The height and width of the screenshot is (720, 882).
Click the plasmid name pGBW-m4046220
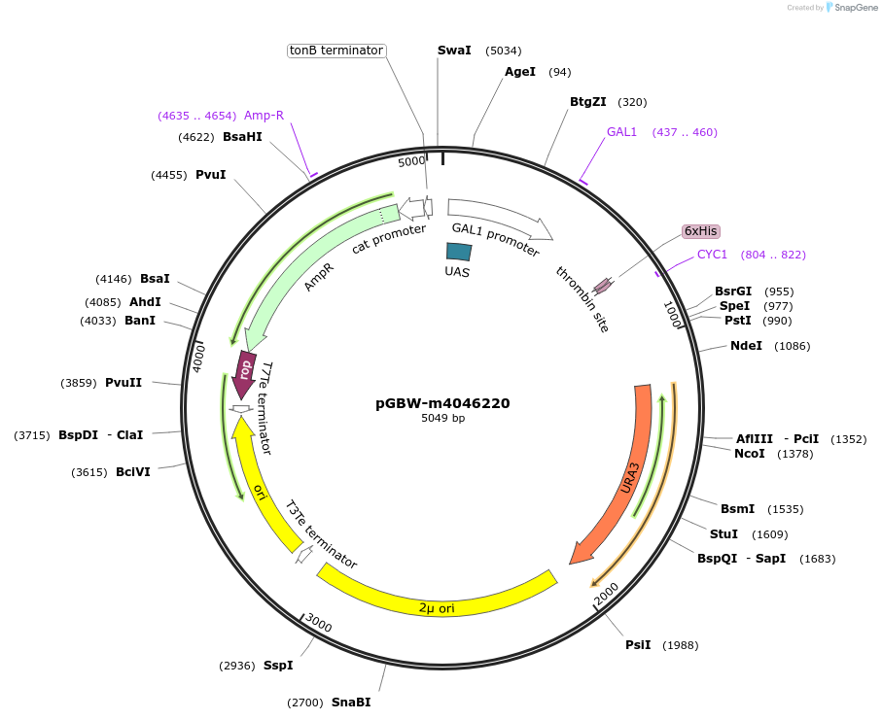tap(442, 403)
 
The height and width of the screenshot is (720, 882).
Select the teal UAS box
tap(458, 251)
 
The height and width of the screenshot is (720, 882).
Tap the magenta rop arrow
tap(245, 372)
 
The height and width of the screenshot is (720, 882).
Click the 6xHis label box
tap(700, 231)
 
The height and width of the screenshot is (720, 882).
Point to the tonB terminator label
tap(336, 51)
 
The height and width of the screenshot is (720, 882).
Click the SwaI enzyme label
tap(454, 51)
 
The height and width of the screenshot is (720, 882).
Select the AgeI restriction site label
tap(520, 72)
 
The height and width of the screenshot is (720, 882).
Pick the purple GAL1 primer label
tap(621, 132)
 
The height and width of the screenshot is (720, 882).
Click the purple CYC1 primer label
tap(712, 255)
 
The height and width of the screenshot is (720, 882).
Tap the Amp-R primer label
tap(264, 116)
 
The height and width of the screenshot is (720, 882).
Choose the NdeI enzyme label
tap(747, 346)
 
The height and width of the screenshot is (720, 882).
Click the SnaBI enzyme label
tap(351, 703)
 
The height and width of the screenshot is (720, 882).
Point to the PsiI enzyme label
tap(638, 645)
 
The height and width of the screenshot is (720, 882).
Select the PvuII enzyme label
tap(123, 383)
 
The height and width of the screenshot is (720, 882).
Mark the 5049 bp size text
tap(442, 419)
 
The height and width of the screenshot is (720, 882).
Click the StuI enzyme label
tap(723, 534)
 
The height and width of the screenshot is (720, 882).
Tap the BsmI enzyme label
tap(737, 509)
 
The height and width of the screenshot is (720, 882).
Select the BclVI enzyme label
tap(133, 472)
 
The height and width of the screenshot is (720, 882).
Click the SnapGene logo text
tap(852, 8)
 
